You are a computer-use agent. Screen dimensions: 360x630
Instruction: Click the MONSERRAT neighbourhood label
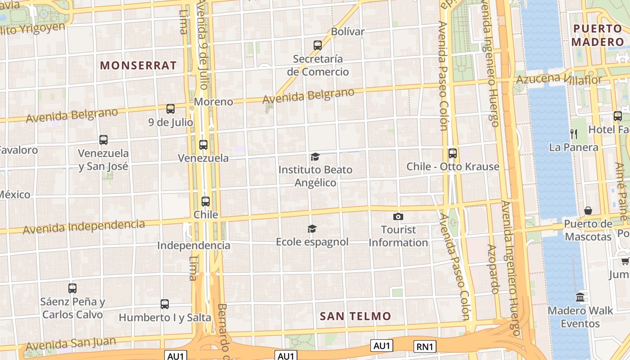click(138, 65)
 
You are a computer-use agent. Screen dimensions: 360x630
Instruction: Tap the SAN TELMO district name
click(355, 316)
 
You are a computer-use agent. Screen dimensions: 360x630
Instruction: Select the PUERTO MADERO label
click(598, 36)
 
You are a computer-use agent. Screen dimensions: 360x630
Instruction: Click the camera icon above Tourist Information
click(398, 217)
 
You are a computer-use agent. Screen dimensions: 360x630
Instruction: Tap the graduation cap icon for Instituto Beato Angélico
click(315, 157)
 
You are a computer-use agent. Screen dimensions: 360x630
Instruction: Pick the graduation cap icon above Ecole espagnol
click(312, 229)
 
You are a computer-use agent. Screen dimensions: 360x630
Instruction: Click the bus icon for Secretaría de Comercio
click(318, 45)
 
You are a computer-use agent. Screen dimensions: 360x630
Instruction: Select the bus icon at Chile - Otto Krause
click(453, 153)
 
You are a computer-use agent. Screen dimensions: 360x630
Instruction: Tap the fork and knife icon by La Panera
click(574, 134)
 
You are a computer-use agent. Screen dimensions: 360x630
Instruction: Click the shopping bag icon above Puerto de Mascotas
click(588, 211)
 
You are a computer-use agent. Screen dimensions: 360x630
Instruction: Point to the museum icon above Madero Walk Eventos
click(580, 297)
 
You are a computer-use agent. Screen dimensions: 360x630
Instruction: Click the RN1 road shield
click(425, 346)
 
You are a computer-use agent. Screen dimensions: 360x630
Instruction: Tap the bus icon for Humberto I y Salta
click(165, 304)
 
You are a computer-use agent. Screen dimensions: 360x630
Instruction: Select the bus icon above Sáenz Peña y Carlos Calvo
click(72, 288)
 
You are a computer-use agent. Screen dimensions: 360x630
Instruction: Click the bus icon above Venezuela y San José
click(103, 140)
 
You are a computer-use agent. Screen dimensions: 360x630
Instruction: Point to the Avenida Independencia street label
click(84, 227)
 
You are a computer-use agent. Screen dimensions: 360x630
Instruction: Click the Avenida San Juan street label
click(71, 344)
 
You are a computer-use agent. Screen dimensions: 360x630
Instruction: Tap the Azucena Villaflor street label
click(558, 80)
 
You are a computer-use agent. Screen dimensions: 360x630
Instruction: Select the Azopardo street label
click(493, 269)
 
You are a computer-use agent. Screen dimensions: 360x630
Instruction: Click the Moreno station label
click(213, 102)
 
